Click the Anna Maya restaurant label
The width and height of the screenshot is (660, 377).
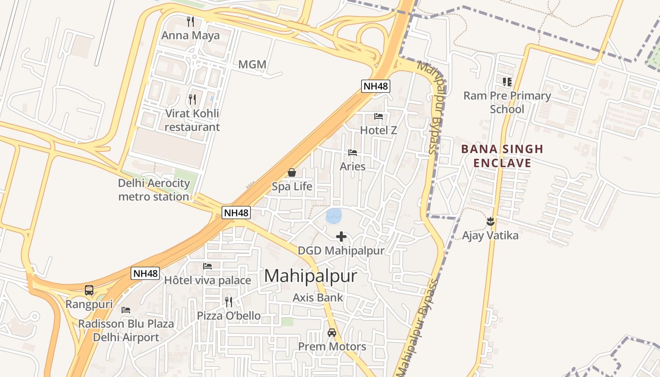pyautogui.click(x=190, y=35)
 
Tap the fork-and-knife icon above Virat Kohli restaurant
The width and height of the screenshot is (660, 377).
pyautogui.click(x=192, y=99)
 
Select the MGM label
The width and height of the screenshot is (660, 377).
pyautogui.click(x=252, y=65)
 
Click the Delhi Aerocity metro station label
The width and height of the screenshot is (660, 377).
pyautogui.click(x=154, y=190)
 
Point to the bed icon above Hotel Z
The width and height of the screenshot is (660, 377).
pyautogui.click(x=379, y=116)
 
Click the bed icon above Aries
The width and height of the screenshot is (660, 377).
pyautogui.click(x=353, y=153)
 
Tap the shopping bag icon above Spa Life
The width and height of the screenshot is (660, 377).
pyautogui.click(x=292, y=173)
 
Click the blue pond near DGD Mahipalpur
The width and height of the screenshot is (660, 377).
pyautogui.click(x=333, y=216)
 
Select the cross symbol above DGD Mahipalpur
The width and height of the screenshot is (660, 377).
pyautogui.click(x=341, y=237)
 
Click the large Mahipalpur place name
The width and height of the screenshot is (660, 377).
pyautogui.click(x=311, y=276)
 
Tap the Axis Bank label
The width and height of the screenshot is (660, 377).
pyautogui.click(x=318, y=298)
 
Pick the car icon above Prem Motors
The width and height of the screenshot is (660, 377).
pyautogui.click(x=332, y=333)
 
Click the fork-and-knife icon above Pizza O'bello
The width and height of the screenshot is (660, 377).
pyautogui.click(x=229, y=302)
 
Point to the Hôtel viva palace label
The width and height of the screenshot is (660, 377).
pyautogui.click(x=207, y=280)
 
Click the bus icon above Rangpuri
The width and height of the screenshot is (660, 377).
pyautogui.click(x=89, y=290)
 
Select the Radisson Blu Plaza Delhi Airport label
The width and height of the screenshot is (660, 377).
pyautogui.click(x=126, y=331)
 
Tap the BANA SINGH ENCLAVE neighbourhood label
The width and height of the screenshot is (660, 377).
pyautogui.click(x=502, y=156)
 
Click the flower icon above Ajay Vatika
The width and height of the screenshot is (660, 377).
pyautogui.click(x=490, y=221)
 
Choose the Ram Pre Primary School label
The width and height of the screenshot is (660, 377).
pyautogui.click(x=507, y=102)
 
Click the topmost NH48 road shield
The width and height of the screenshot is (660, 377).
pyautogui.click(x=376, y=86)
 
